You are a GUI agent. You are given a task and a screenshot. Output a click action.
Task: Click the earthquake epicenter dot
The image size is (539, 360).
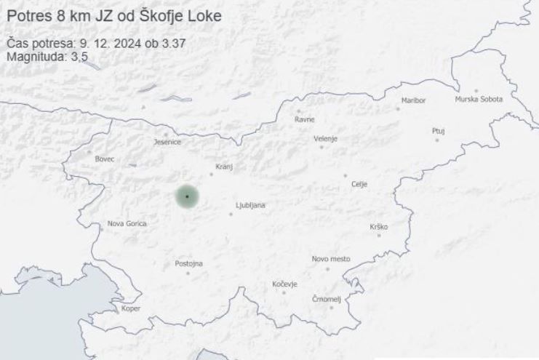pyautogui.click(x=187, y=196)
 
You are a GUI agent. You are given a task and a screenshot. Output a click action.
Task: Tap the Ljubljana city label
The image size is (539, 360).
pyautogui.click(x=251, y=206)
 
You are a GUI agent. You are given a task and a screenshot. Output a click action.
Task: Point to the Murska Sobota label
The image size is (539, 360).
pyautogui.click(x=479, y=100)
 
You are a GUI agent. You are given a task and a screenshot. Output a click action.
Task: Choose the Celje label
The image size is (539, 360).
pyautogui.click(x=359, y=184)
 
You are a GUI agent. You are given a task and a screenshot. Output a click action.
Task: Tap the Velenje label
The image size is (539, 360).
pyautogui.click(x=326, y=138)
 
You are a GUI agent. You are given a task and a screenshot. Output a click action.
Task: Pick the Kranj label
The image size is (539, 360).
pyautogui.click(x=224, y=167)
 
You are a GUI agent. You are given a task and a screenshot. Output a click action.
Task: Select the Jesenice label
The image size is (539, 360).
pyautogui.click(x=167, y=143)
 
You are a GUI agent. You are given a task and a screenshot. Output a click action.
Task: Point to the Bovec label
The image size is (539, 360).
pyautogui.click(x=105, y=159)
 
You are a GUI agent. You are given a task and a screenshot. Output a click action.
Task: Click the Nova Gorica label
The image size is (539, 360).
pyautogui.click(x=127, y=224)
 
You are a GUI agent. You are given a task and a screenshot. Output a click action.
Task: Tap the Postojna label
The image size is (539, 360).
pyautogui.click(x=189, y=263)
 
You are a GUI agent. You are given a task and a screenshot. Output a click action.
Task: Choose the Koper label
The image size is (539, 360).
pyautogui.click(x=131, y=308)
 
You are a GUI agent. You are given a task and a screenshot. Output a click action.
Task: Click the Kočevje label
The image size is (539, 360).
pyautogui.click(x=284, y=284)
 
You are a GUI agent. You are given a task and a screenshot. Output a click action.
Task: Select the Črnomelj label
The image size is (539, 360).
pyautogui.click(x=326, y=299)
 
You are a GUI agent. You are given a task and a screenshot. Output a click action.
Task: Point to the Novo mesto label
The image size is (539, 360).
pyautogui.click(x=331, y=259)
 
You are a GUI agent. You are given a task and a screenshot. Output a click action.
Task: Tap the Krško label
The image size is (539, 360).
pyautogui.click(x=378, y=227)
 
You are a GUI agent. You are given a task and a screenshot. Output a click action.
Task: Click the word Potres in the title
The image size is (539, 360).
pyautogui.click(x=30, y=15)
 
